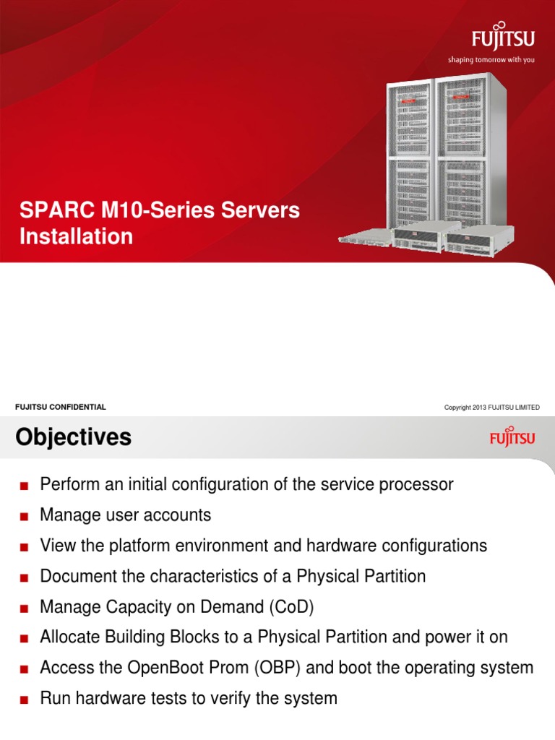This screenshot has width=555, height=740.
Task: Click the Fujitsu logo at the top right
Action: point(504,38)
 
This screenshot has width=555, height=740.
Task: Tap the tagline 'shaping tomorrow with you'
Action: point(491,60)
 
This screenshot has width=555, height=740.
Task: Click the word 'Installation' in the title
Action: point(76,236)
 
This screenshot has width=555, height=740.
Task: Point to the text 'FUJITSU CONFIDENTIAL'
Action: point(61,407)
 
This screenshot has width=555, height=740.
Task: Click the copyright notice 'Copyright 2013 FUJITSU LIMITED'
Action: point(491,408)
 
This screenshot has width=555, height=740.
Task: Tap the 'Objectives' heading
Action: point(73,437)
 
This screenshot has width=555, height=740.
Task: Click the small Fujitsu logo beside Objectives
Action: point(513,437)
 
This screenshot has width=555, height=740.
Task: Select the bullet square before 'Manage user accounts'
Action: point(24,517)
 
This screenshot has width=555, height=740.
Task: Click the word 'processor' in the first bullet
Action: point(420,484)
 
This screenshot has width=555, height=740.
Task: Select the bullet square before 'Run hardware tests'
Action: point(24,700)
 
